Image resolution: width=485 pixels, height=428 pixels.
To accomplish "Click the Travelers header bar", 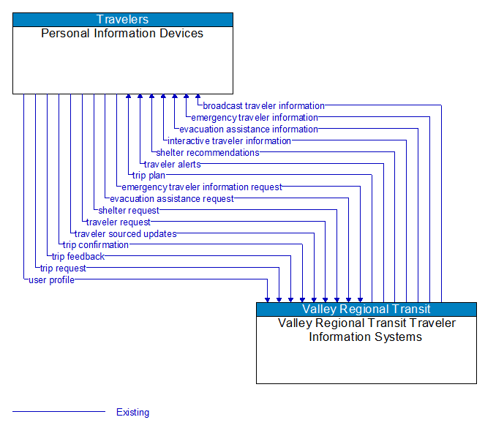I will [123, 20].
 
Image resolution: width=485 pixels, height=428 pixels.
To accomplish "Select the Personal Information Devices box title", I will [122, 34].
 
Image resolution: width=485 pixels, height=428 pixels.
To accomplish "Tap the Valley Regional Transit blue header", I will [366, 309].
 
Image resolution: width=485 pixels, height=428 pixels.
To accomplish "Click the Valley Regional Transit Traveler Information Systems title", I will [366, 330].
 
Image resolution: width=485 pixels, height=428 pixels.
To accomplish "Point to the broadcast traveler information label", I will [263, 106].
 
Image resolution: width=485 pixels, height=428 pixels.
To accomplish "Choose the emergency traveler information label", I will [255, 118].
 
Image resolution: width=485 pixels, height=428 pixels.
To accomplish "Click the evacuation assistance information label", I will [249, 129].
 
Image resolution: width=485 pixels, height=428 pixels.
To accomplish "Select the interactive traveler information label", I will [229, 141].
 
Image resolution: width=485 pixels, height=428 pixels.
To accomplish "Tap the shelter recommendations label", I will [207, 153].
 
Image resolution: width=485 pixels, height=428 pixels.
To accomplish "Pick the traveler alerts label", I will [172, 165].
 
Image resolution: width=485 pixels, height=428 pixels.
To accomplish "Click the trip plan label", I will [148, 176].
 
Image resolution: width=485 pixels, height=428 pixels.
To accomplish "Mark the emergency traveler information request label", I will [201, 187].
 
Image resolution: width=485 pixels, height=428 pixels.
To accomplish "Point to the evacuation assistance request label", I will [172, 199].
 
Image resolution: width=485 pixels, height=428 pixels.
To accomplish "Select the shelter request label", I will [128, 211].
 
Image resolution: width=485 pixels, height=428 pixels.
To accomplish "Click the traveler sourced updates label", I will [125, 234].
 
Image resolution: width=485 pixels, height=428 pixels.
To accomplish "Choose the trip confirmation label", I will [95, 245].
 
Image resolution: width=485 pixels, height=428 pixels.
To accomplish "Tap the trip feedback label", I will [78, 257].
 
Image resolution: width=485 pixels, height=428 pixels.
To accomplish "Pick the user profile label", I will [51, 280].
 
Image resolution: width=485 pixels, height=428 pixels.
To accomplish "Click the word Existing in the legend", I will [132, 413].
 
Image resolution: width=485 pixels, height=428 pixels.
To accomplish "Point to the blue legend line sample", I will [59, 412].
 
